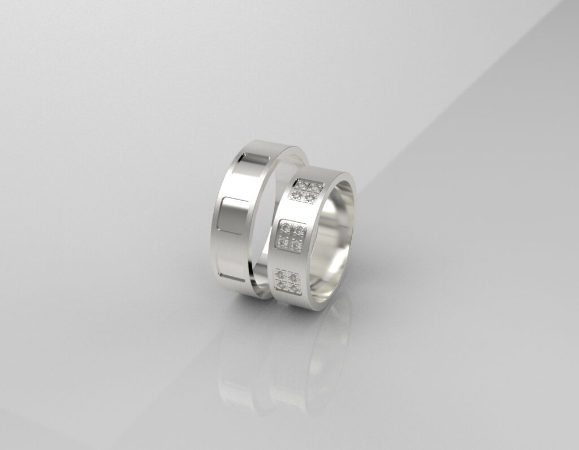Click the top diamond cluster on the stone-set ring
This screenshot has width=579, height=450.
point(306,191)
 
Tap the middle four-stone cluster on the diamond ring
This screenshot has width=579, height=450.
point(292,235)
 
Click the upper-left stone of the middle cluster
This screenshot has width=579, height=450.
point(286,228)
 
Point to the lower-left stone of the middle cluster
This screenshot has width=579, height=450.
point(285,242)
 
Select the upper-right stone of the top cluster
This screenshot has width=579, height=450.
point(313,186)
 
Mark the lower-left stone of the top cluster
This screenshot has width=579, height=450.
point(298,195)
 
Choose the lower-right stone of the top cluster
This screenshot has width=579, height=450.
point(310,197)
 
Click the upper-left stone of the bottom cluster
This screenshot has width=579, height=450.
point(280,274)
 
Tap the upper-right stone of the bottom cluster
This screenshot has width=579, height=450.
point(293,275)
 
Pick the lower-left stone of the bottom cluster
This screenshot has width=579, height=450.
point(280,286)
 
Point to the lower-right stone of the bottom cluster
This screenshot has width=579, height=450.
point(292,287)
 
